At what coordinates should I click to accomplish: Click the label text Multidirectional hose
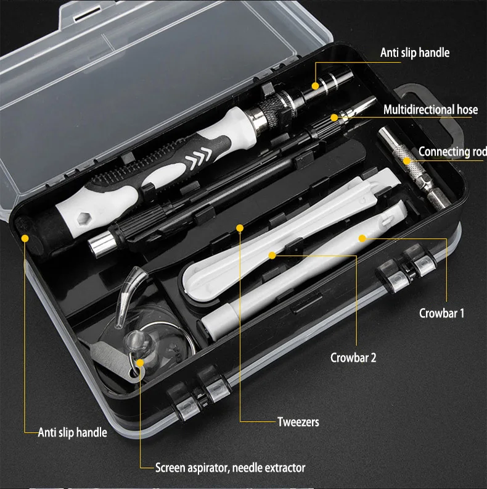430,110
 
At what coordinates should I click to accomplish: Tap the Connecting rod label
452,152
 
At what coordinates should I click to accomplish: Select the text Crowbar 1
441,313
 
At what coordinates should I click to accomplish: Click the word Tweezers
298,422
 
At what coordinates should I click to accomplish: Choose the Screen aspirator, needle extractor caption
230,467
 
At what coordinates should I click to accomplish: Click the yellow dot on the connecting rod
407,161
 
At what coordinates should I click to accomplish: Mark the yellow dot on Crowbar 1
362,236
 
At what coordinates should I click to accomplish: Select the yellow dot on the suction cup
141,362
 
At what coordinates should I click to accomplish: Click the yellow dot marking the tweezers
239,228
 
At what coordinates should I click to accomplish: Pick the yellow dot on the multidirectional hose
334,117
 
